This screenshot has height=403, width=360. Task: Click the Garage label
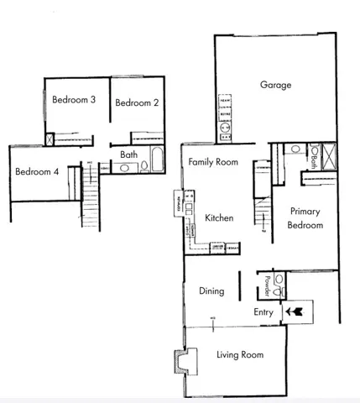click(275, 85)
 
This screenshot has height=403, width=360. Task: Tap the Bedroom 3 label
click(74, 100)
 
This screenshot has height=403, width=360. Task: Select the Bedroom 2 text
click(137, 103)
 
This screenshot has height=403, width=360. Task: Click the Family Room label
click(213, 162)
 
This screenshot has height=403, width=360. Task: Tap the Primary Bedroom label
click(305, 219)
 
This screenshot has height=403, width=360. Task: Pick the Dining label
click(211, 291)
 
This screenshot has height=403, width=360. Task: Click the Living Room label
click(240, 355)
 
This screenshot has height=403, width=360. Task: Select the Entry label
click(263, 312)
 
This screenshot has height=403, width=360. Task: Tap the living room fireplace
click(180, 361)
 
